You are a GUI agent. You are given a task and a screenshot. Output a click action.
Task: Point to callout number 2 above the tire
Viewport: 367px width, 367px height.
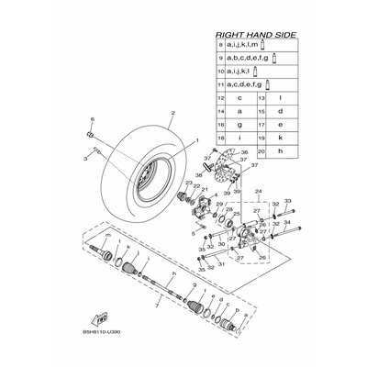pos(146,114)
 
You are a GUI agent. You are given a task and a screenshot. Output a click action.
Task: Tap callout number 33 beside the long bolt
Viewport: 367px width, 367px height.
pos(286,201)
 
